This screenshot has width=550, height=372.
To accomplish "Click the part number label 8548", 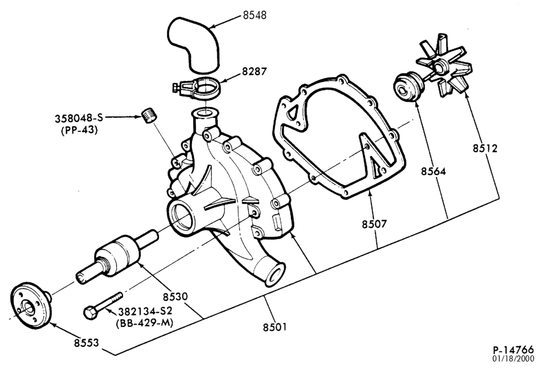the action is (254, 15).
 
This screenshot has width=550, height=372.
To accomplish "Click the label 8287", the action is (254, 71).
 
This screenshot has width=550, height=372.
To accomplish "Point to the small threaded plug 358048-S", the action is (150, 116).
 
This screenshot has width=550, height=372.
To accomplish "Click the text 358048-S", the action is (79, 118).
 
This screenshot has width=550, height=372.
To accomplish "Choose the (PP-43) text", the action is (80, 130).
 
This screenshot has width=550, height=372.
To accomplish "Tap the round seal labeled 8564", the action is (408, 87).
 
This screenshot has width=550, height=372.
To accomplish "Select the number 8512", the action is (485, 149).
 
